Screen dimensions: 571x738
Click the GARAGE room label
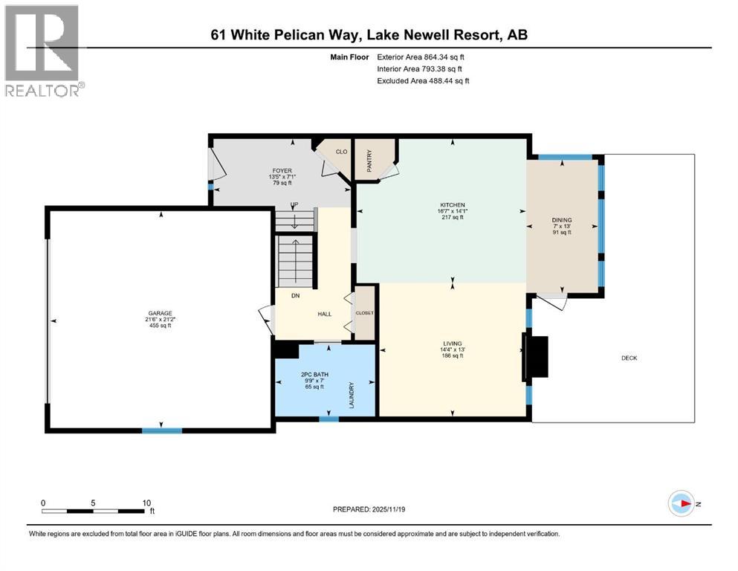(x=161, y=313)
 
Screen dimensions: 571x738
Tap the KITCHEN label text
(x=452, y=204)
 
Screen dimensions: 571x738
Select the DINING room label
(x=562, y=220)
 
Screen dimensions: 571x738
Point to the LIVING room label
(x=452, y=343)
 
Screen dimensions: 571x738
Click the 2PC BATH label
(x=312, y=375)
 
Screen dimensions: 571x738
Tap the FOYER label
(x=281, y=171)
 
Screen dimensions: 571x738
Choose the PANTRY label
(x=369, y=158)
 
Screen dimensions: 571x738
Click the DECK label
(x=629, y=358)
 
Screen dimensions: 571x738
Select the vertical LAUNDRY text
(x=352, y=395)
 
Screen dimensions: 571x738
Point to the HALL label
(x=325, y=314)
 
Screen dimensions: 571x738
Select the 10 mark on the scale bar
(x=146, y=502)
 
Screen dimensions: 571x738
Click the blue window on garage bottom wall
(x=161, y=430)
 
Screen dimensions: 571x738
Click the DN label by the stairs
(x=295, y=296)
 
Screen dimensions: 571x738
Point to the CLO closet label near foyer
(x=341, y=152)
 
